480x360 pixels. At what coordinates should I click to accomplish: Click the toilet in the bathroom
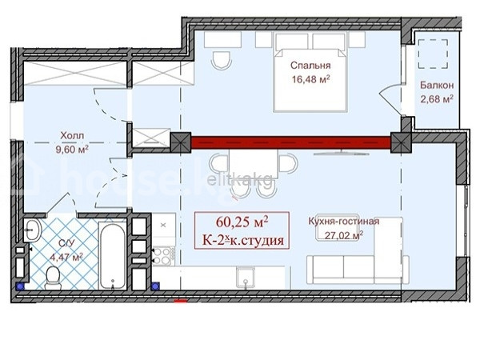coord(53,278)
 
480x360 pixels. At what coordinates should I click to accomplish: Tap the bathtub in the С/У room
coord(113,255)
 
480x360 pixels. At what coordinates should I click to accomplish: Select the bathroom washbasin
coord(33,230)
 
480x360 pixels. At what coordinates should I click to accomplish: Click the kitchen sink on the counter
coord(246,277)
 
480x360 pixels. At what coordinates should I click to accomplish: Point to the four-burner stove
coord(162,256)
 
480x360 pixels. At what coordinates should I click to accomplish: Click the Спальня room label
coord(310,66)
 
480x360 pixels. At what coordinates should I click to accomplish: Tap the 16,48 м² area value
coord(310,79)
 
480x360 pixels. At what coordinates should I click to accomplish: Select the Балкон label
coord(437,85)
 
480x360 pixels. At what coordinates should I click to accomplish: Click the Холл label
coord(72,135)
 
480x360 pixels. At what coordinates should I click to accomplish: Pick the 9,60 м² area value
coord(72,150)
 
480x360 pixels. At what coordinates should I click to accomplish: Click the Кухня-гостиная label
coord(343,221)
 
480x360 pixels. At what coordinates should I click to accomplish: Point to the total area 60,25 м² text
coord(242,222)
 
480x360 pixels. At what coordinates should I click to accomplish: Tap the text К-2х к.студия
coord(242,241)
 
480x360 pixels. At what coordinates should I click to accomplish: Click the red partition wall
coord(291,142)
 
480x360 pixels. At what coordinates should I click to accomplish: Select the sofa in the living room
coord(358,270)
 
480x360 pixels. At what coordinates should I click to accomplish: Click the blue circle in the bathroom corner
coord(21,286)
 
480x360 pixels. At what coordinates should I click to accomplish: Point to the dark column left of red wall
coord(181,142)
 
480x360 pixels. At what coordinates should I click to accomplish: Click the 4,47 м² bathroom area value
coord(66,257)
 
